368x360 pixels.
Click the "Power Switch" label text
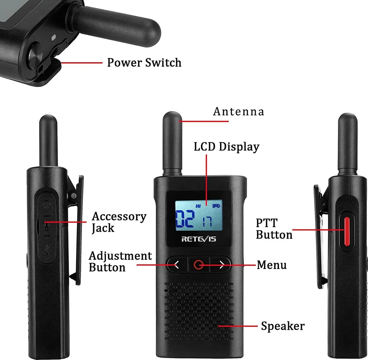(144, 63)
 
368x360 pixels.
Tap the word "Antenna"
(239, 111)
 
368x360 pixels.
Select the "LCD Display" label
(226, 147)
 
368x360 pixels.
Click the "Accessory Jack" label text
(119, 222)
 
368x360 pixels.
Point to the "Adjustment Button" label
(120, 261)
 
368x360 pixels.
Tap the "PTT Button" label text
(274, 229)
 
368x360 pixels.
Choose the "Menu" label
(272, 265)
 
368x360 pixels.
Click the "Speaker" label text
(283, 326)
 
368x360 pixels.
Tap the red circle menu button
(198, 265)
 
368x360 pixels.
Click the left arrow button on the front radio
(177, 265)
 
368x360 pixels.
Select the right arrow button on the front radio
(221, 265)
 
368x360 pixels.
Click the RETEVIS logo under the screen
(198, 239)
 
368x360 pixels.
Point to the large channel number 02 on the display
(185, 219)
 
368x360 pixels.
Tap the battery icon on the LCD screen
(216, 206)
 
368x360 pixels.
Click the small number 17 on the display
(207, 222)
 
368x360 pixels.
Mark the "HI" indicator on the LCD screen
(198, 206)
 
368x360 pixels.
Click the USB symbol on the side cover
(47, 249)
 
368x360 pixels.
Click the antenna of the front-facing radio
(172, 143)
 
